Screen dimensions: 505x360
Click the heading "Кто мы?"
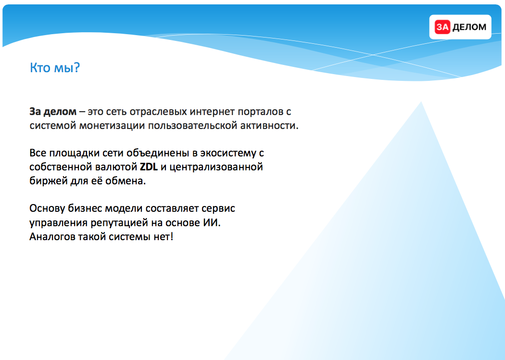(x=55, y=68)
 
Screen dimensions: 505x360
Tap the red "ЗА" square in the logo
(x=442, y=27)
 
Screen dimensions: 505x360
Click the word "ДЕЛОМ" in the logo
(x=469, y=27)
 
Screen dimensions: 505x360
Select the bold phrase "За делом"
(x=53, y=112)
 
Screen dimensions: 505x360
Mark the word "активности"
(x=269, y=126)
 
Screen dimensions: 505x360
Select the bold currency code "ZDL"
(x=149, y=167)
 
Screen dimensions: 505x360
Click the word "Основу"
(x=47, y=208)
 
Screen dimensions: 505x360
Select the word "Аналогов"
(x=52, y=237)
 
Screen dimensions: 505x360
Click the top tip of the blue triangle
(x=421, y=102)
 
